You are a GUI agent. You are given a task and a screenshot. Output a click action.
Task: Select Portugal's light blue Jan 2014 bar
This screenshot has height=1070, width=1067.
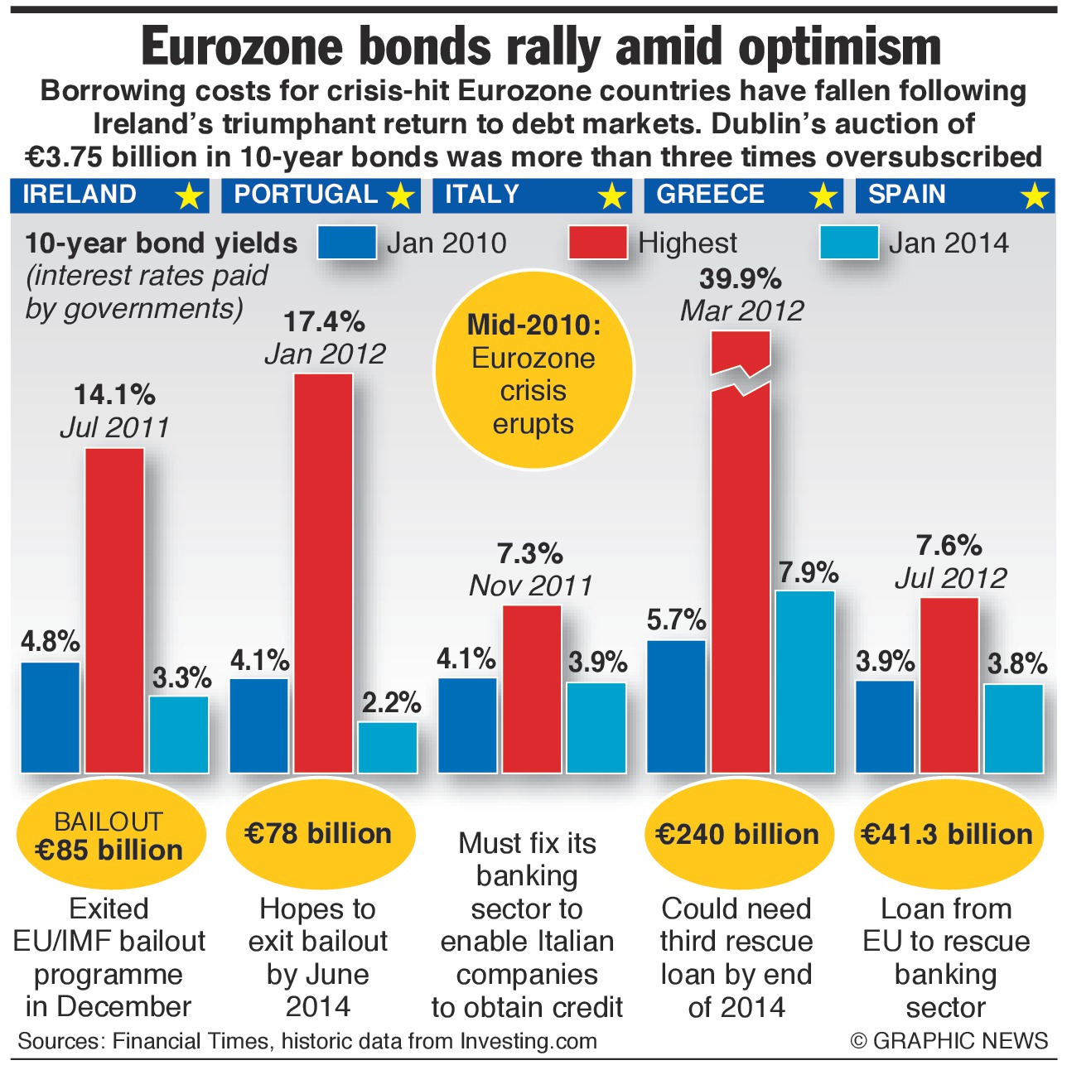pyautogui.click(x=388, y=747)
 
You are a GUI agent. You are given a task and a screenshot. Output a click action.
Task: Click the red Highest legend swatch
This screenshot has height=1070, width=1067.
pyautogui.click(x=597, y=243)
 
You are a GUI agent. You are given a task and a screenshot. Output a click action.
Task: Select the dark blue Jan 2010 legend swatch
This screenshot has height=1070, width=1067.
pyautogui.click(x=346, y=243)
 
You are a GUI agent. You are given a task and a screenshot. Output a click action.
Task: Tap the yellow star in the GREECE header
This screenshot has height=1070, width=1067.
pyautogui.click(x=823, y=196)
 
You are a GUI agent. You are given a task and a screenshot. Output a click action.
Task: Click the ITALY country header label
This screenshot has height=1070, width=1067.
pyautogui.click(x=482, y=195)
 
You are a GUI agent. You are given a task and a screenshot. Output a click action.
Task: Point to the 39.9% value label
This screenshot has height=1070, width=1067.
pyautogui.click(x=740, y=279)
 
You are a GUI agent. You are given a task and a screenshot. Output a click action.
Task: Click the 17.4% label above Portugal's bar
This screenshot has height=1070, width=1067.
pyautogui.click(x=324, y=321)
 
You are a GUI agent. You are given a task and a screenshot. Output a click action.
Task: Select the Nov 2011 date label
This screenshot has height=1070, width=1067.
pyautogui.click(x=531, y=586)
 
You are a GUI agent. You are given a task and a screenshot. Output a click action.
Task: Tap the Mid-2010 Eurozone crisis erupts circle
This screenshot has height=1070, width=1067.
pyautogui.click(x=533, y=374)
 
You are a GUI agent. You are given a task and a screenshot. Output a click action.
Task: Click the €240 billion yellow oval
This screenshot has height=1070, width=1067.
pyautogui.click(x=736, y=834)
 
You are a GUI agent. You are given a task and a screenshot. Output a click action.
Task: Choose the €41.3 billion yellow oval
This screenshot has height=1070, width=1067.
pyautogui.click(x=947, y=834)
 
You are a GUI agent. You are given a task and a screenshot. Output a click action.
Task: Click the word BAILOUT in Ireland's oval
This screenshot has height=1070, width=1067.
pyautogui.click(x=109, y=822)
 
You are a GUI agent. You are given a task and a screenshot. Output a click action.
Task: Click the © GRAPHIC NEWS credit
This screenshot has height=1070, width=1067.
pyautogui.click(x=949, y=1041)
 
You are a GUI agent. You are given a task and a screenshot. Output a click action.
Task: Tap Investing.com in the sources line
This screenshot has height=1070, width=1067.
pyautogui.click(x=529, y=1041)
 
